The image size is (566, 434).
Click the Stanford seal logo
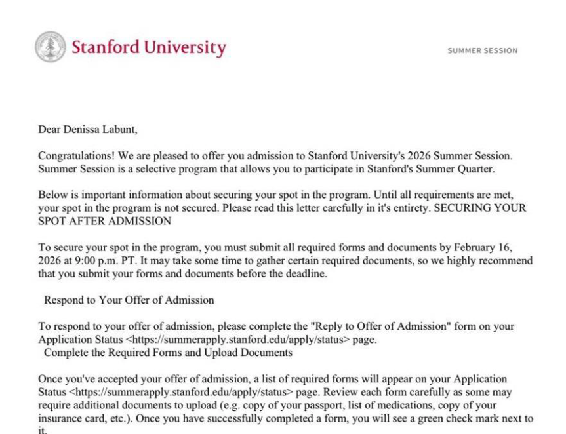[51, 47]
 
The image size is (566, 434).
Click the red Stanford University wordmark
[149, 48]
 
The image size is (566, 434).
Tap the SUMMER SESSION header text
[482, 50]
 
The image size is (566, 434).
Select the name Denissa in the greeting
[84, 129]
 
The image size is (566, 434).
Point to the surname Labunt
[120, 129]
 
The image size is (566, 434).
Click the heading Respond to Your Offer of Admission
[129, 300]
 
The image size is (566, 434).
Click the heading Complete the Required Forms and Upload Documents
[168, 352]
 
